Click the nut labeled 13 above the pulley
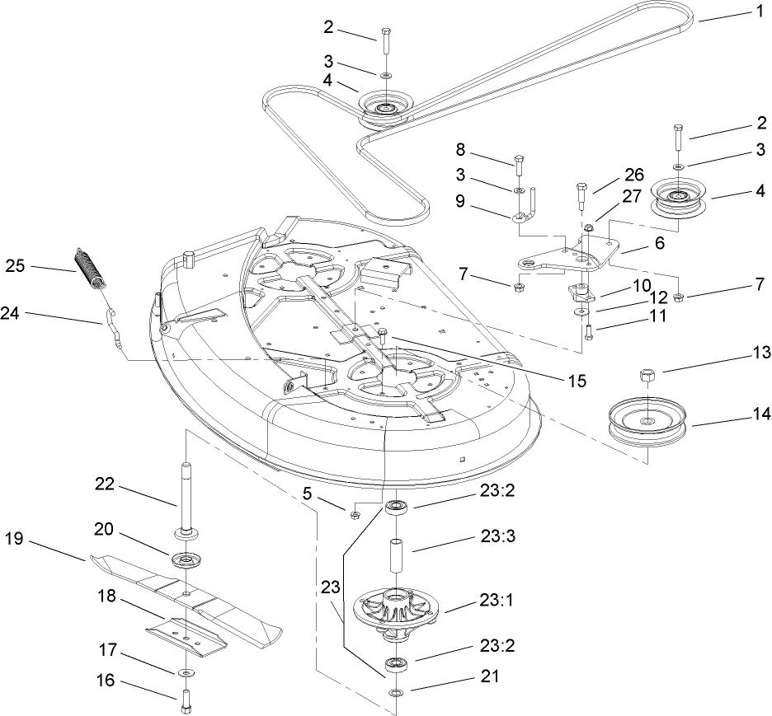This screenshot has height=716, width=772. pyautogui.click(x=646, y=377)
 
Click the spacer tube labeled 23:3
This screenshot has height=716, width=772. pyautogui.click(x=396, y=555)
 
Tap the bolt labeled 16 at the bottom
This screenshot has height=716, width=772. pyautogui.click(x=185, y=702)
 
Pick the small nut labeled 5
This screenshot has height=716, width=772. pyautogui.click(x=354, y=515)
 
